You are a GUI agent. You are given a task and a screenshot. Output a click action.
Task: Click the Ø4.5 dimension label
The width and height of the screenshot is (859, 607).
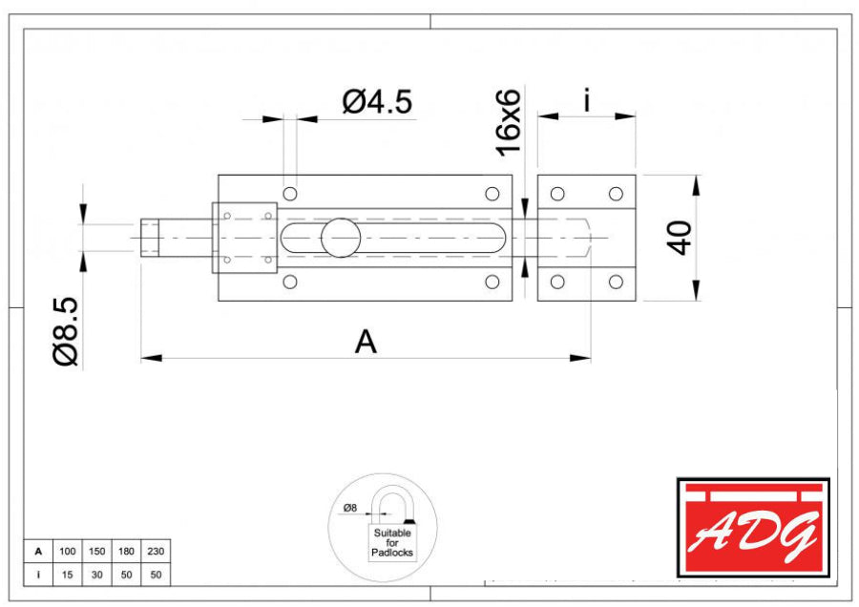tap(377, 102)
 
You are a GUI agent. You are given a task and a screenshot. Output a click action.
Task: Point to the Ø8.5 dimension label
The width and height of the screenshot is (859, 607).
tap(66, 331)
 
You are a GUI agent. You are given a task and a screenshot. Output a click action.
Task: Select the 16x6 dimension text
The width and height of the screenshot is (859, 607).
tap(509, 122)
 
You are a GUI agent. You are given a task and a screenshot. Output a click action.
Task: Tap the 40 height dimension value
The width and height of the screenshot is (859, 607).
tap(680, 238)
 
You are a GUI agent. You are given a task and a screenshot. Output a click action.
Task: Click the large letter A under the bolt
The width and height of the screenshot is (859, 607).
tap(366, 342)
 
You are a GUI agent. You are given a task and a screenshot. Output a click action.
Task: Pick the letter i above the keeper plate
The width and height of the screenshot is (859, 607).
tap(587, 101)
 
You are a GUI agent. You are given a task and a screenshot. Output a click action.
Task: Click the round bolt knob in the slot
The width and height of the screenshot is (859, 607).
tap(341, 238)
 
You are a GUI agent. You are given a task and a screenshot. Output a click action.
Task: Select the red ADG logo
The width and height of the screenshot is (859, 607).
tap(753, 528)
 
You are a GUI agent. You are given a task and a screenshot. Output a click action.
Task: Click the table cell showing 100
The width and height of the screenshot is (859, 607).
tap(68, 551)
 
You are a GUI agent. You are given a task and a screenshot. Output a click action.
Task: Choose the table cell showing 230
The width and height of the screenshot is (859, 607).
tap(156, 551)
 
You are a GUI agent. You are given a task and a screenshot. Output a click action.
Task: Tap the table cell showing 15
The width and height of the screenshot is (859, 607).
tap(68, 575)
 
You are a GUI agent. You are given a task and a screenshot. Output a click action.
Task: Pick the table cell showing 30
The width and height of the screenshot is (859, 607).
tap(97, 575)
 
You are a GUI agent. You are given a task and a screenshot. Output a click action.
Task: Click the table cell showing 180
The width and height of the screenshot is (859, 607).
tap(126, 551)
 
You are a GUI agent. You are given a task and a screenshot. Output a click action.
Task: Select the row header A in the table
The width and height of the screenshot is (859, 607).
tap(38, 551)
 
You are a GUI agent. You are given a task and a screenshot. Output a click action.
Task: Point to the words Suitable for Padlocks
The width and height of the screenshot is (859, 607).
tap(391, 542)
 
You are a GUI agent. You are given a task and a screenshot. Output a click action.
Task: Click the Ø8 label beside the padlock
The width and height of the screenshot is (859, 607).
tap(349, 508)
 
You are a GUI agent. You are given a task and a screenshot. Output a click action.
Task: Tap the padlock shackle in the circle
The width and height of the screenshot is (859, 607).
tap(392, 492)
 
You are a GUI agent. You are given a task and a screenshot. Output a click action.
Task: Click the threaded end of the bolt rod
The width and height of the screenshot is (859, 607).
tap(150, 238)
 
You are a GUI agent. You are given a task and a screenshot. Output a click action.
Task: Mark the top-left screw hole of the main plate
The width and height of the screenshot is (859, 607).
tap(290, 194)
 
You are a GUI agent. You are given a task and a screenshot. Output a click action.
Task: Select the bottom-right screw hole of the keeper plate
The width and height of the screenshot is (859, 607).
tap(616, 282)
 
